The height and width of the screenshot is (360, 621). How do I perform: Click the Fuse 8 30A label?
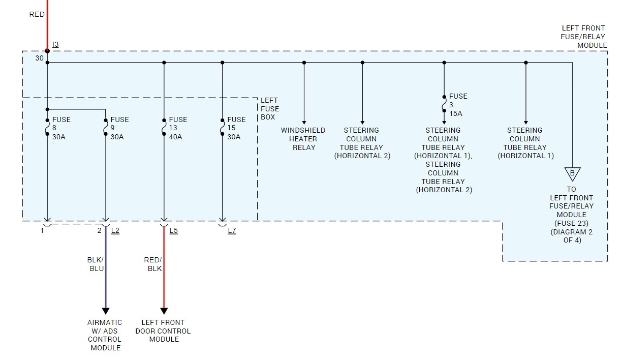click(x=61, y=128)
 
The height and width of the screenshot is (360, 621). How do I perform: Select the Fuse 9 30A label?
click(x=119, y=128)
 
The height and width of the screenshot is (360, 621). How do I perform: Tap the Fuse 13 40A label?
click(x=178, y=128)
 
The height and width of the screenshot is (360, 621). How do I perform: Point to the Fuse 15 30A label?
click(x=236, y=128)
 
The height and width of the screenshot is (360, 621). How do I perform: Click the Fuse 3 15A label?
click(x=458, y=105)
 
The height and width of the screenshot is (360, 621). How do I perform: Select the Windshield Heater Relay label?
click(x=303, y=139)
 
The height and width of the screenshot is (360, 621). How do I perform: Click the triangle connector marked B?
click(x=572, y=173)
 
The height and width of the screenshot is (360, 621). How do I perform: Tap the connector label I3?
click(x=55, y=45)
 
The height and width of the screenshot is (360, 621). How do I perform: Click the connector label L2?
click(x=115, y=231)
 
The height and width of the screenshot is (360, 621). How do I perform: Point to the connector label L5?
click(x=174, y=231)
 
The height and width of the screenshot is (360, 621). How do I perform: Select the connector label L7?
click(x=232, y=231)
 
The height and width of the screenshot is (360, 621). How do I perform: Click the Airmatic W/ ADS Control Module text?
click(x=105, y=335)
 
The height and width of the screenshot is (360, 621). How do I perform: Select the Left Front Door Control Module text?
click(x=163, y=331)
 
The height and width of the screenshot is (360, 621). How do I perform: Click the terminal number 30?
click(x=39, y=58)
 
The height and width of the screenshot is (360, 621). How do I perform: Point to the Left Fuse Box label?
click(x=269, y=109)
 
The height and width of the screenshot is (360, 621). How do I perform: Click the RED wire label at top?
click(x=37, y=15)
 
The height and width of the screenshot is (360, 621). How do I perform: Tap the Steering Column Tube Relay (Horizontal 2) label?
click(x=362, y=143)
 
